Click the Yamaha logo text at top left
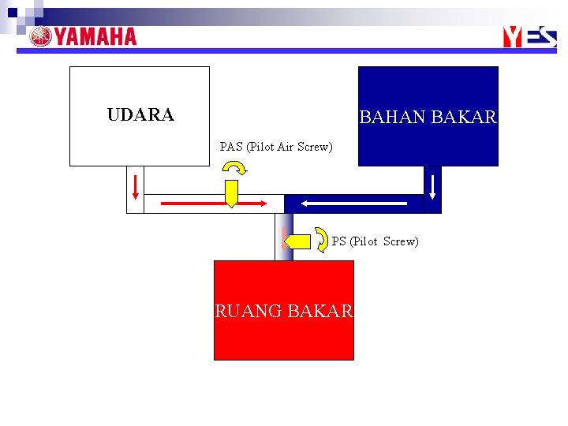95,37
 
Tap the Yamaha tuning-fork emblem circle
40,37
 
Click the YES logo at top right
529,36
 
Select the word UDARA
140,115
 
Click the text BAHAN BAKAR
428,118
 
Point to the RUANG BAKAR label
284,311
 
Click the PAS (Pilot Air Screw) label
276,147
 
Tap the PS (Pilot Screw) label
375,241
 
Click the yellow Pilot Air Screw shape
231,193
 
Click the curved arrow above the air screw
234,167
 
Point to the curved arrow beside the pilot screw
323,239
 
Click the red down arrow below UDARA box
136,185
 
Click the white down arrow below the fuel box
432,185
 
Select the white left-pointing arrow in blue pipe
355,204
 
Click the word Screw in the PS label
401,241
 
